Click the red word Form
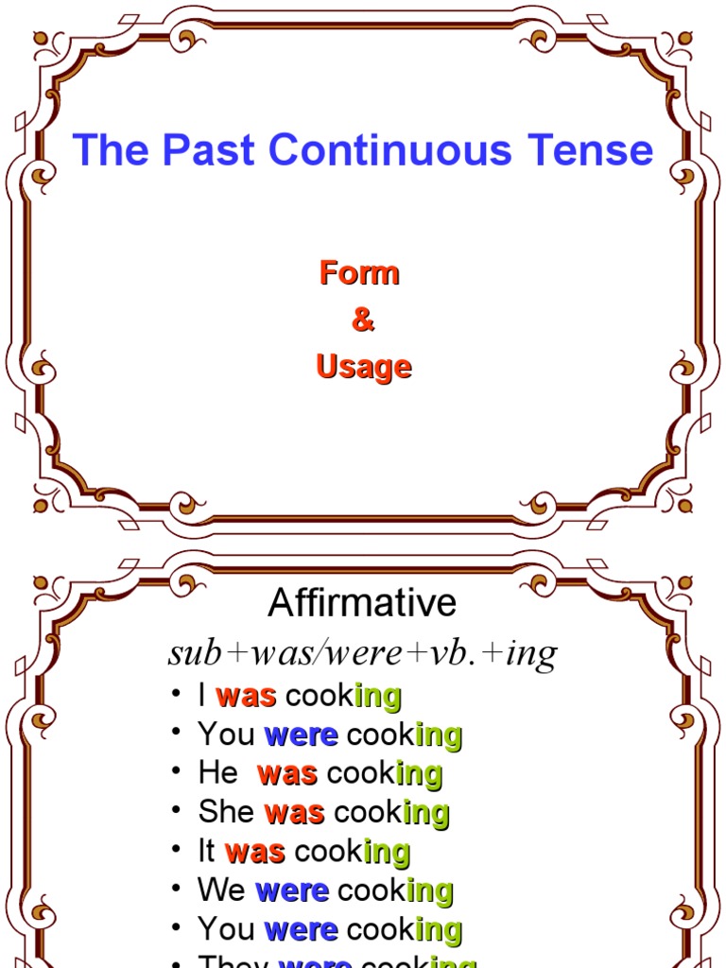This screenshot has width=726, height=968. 359,273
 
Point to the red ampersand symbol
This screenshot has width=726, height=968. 362,320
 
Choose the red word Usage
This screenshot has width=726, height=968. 364,367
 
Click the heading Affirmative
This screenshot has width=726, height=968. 362,603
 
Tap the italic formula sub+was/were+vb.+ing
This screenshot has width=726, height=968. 362,653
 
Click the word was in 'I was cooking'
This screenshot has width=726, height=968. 246,697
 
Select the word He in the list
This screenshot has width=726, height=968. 217,773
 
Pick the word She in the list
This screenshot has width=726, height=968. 226,812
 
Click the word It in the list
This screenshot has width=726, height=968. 207,851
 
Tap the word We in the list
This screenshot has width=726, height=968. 221,890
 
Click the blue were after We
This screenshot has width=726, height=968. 292,890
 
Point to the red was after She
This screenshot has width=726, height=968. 294,812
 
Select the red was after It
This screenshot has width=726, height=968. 255,851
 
